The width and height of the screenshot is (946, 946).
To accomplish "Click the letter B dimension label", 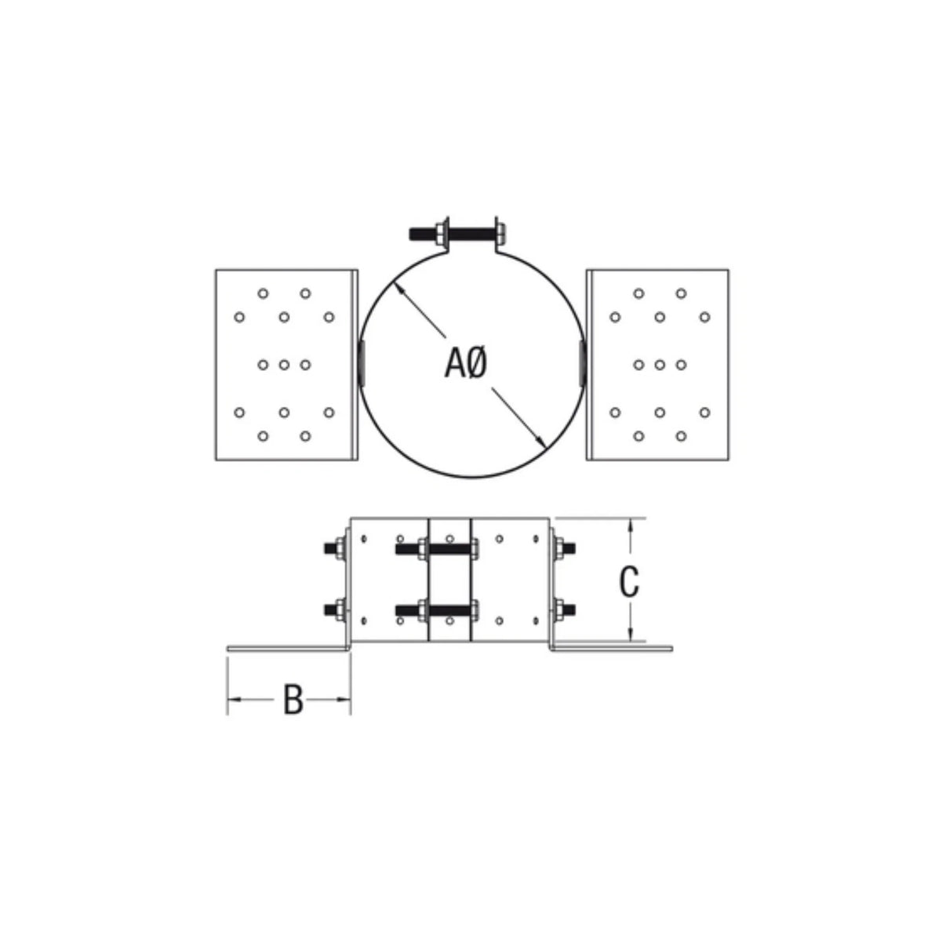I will coord(293,700).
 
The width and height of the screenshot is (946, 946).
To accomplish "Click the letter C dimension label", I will coord(628,581).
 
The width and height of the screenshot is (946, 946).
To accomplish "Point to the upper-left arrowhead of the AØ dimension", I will coord(399,287).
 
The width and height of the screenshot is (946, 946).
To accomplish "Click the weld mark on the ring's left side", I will coord(362,363).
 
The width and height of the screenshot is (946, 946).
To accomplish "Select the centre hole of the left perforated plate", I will coord(285,364).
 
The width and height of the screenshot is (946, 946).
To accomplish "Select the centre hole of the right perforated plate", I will coord(660,364).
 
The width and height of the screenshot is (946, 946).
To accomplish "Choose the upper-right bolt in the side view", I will coord(562,546).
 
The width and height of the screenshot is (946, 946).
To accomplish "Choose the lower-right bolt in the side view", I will coord(562,608).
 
